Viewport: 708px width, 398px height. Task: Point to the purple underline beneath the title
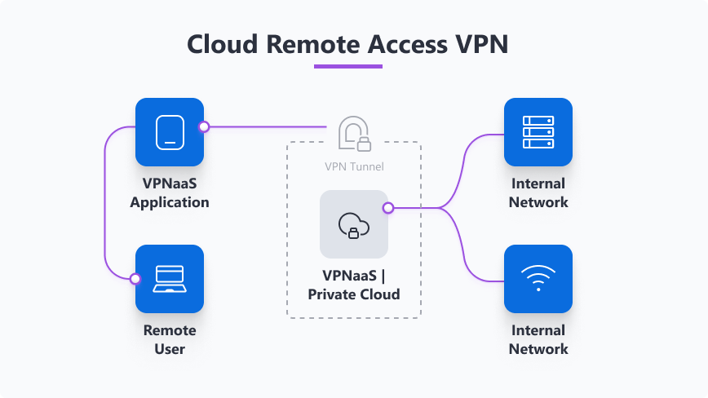[347, 66]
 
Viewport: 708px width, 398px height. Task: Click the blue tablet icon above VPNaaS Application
[169, 131]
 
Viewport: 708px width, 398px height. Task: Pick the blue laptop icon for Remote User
[169, 279]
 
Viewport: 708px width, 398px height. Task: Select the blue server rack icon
[538, 131]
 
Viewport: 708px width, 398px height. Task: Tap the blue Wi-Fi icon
[538, 279]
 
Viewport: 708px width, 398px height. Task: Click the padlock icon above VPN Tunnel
[354, 134]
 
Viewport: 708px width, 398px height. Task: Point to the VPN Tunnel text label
[354, 167]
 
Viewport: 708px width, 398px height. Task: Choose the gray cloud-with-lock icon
[354, 223]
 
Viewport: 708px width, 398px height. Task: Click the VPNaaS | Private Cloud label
[354, 284]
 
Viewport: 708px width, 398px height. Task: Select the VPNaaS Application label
[169, 192]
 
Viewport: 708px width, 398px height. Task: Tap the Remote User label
[169, 339]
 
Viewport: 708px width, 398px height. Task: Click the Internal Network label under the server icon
[538, 192]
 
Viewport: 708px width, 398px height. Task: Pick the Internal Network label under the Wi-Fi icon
[538, 339]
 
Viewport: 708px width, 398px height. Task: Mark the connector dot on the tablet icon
[204, 126]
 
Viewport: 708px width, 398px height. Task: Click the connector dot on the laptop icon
[135, 279]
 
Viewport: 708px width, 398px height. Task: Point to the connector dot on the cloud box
[388, 208]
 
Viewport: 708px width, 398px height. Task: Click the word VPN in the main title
[481, 44]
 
